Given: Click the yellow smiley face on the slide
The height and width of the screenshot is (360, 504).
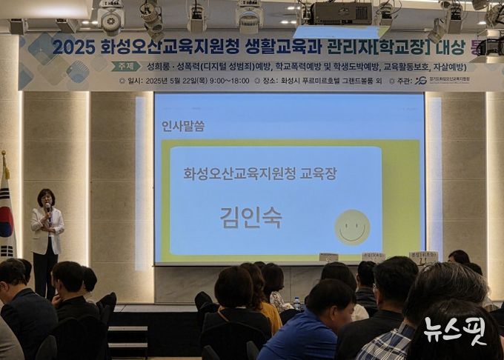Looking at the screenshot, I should (x=351, y=227).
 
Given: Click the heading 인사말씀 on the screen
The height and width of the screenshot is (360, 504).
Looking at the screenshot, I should (x=183, y=126).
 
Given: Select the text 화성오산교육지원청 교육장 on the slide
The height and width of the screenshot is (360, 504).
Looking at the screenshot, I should (x=259, y=173).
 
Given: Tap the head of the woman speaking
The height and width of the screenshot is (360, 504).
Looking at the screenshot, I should (x=46, y=199).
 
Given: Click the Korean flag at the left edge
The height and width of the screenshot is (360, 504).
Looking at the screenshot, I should (x=6, y=215).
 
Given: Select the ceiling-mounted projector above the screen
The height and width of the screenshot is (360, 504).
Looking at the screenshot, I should (x=341, y=13).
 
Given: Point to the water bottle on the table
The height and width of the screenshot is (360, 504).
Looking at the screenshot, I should (x=296, y=304).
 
